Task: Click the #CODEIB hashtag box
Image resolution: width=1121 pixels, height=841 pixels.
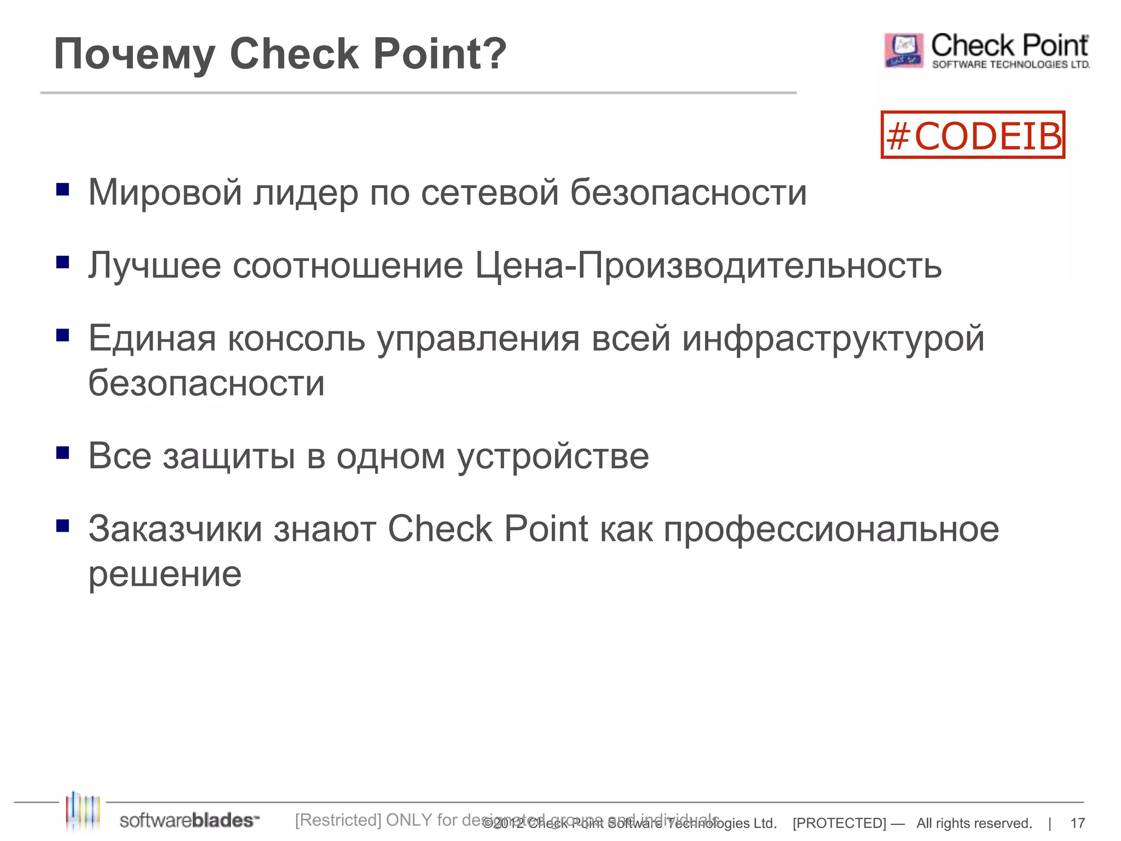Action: pos(973,135)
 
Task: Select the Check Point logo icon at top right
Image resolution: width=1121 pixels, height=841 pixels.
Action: pos(904,50)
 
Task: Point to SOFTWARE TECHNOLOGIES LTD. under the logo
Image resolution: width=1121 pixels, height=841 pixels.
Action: pos(1010,65)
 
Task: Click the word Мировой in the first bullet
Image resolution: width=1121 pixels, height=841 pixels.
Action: pos(165,193)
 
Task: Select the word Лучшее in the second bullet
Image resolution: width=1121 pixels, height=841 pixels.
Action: pos(154,266)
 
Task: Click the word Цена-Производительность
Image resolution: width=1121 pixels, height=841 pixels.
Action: pos(708,266)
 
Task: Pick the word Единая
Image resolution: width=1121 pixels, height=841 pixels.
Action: pos(152,338)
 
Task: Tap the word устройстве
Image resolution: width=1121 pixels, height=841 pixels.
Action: pos(553,457)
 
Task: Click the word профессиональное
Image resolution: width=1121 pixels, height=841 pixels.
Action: pos(831,530)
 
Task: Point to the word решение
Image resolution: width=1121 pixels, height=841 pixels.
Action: pos(165,575)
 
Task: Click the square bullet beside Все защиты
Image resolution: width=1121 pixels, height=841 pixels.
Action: pos(63,453)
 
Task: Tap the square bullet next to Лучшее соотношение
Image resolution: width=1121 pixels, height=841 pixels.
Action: pos(63,262)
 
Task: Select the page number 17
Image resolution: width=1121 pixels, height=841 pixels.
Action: pos(1077,823)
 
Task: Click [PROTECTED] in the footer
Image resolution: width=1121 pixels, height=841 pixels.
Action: pos(839,823)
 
